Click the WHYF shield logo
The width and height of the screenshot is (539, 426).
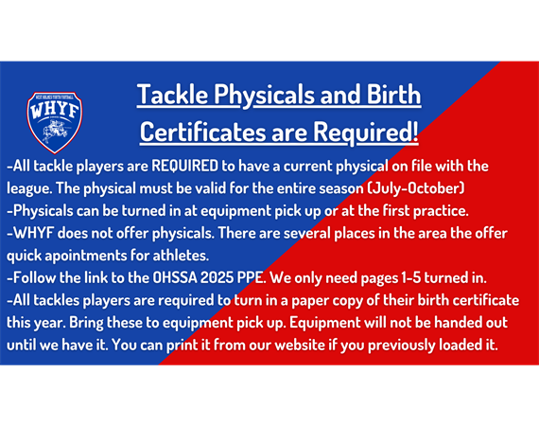pyautogui.click(x=55, y=122)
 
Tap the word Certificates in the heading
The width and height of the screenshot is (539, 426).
pyautogui.click(x=202, y=132)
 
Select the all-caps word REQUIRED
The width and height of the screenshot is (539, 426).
pyautogui.click(x=185, y=166)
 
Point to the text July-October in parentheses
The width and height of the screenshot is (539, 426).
pyautogui.click(x=416, y=188)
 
